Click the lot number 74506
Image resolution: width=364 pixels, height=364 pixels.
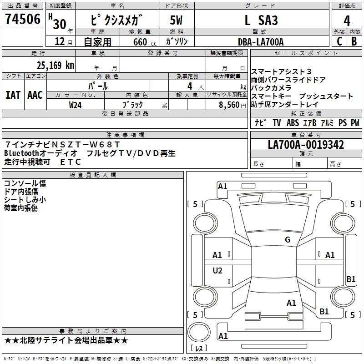point(23,19)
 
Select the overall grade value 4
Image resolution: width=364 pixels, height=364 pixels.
point(347,21)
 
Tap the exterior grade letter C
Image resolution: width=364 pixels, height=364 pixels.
point(339,41)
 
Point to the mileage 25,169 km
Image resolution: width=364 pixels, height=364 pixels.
point(55,66)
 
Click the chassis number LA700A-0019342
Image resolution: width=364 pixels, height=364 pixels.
point(306,145)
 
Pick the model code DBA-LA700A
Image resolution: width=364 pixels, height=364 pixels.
point(261,42)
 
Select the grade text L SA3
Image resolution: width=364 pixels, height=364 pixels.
point(261,20)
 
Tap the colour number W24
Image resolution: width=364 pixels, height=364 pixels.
point(75,105)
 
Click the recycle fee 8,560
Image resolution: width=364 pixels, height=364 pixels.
point(229,105)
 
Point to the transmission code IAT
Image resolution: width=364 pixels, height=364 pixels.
point(13,95)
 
